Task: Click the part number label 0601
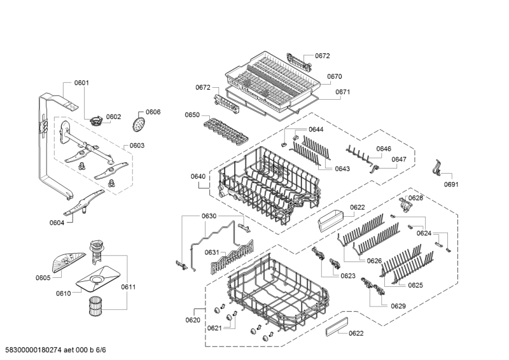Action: click(x=81, y=83)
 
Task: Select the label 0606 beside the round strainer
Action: click(x=153, y=112)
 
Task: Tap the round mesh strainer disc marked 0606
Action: click(x=138, y=123)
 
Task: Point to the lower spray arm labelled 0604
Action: click(x=84, y=204)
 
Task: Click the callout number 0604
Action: click(x=57, y=223)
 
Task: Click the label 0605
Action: click(x=43, y=278)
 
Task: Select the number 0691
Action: click(x=451, y=184)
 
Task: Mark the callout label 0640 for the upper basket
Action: click(x=198, y=176)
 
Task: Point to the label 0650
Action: click(x=192, y=115)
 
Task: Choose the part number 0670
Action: click(x=335, y=77)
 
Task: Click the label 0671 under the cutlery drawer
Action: click(x=343, y=92)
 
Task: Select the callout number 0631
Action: click(x=212, y=253)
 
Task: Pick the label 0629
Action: click(x=398, y=306)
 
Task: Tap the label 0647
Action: click(x=399, y=159)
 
